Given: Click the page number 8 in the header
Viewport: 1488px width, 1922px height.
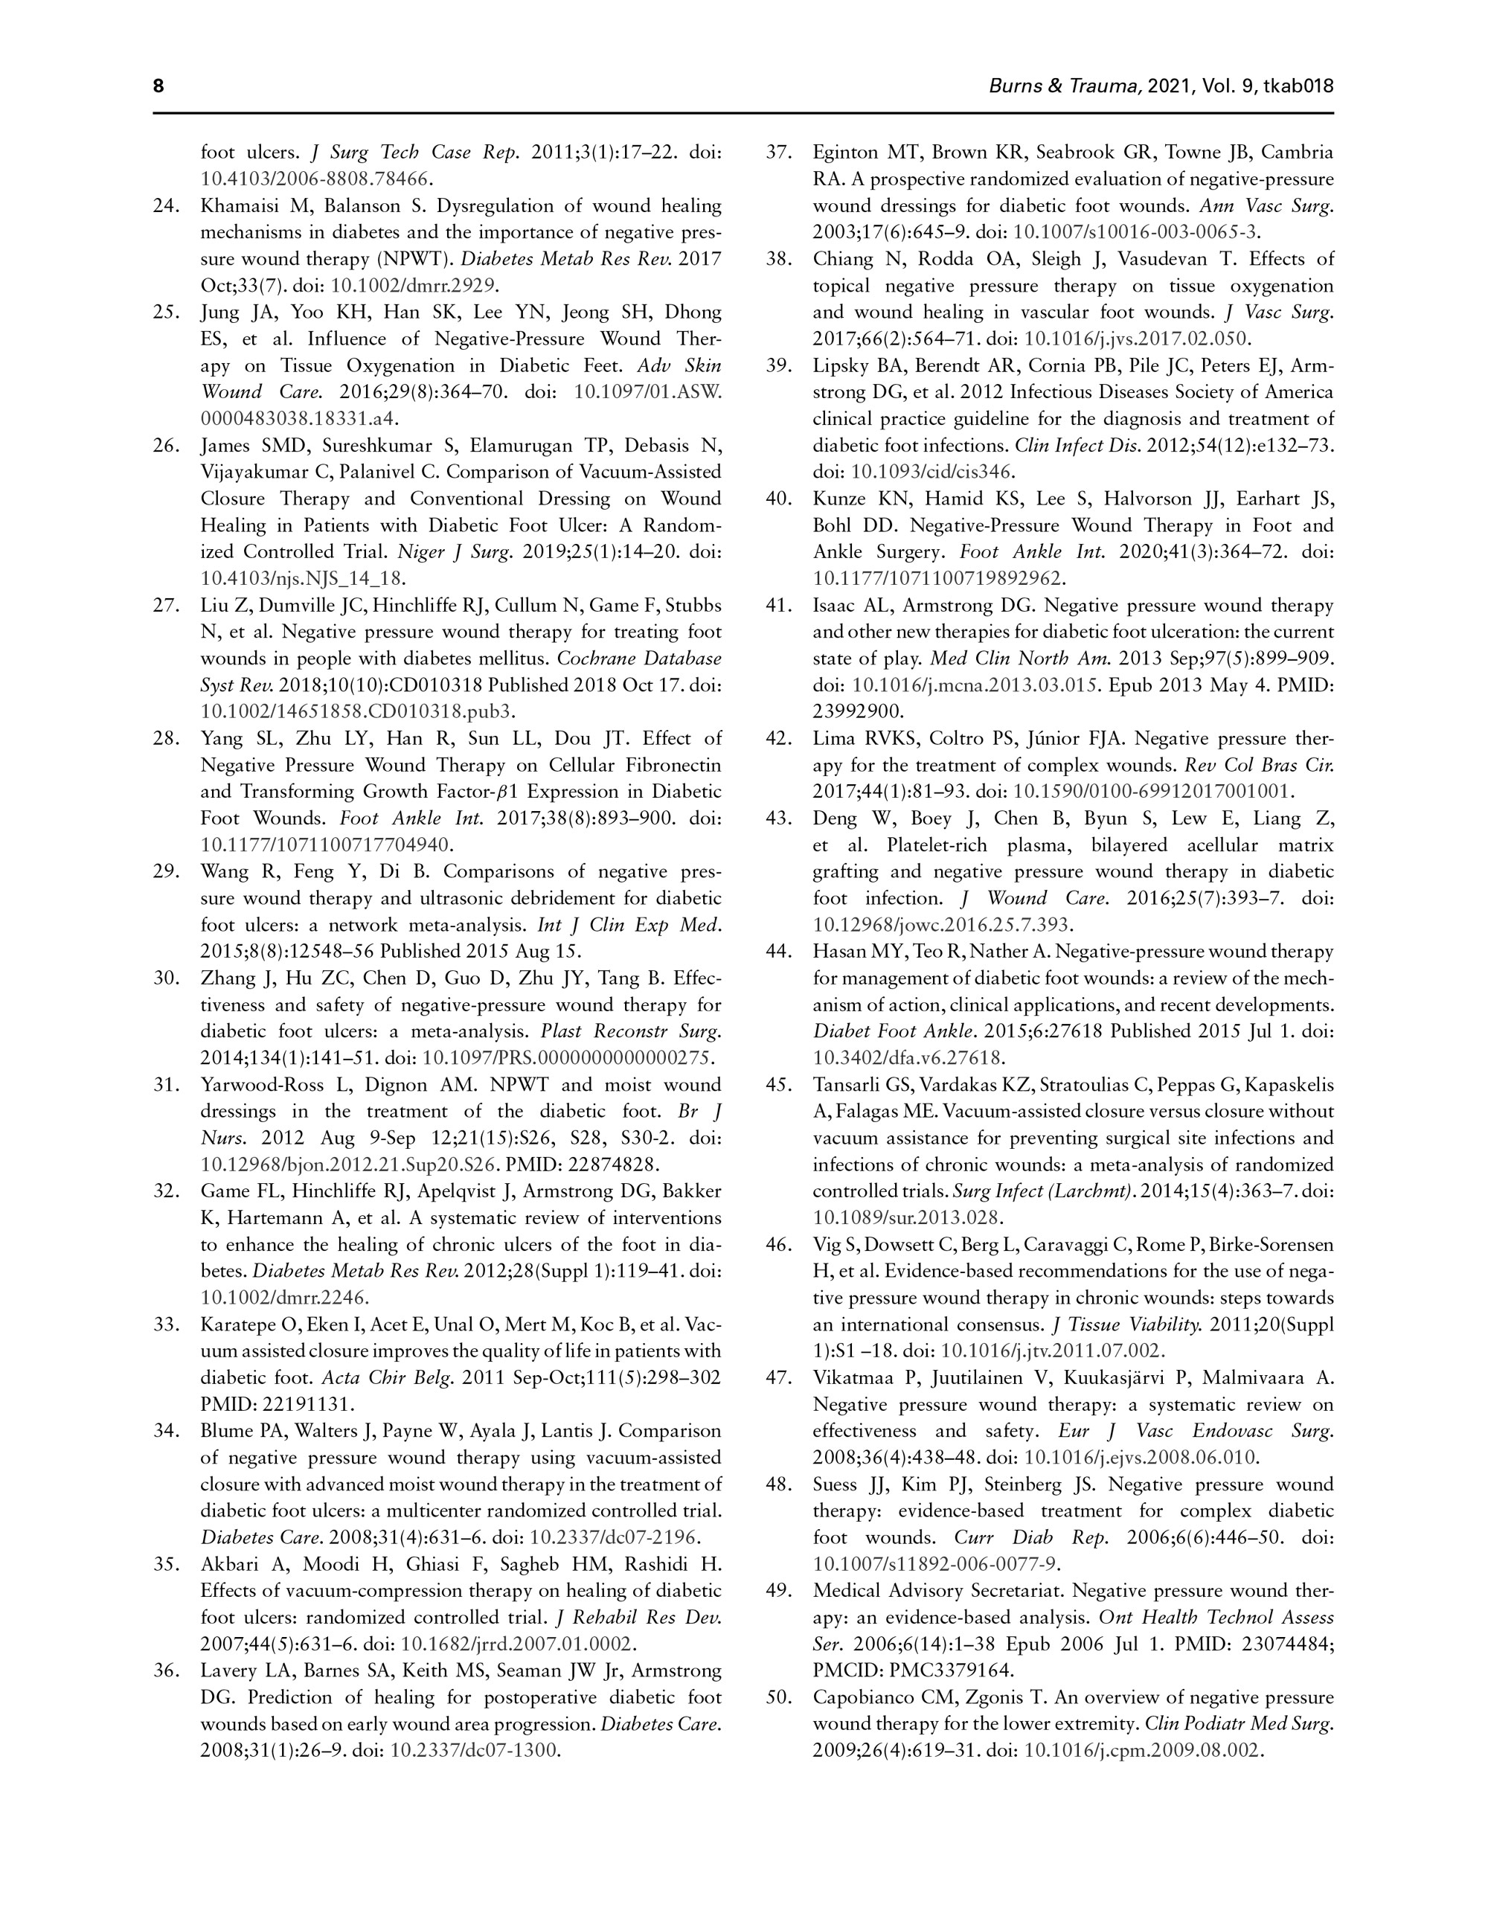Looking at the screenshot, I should point(158,86).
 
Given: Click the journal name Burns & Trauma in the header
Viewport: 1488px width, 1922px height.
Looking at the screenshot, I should point(1065,86).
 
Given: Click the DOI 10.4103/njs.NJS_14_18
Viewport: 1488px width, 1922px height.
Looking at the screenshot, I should point(303,578).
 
